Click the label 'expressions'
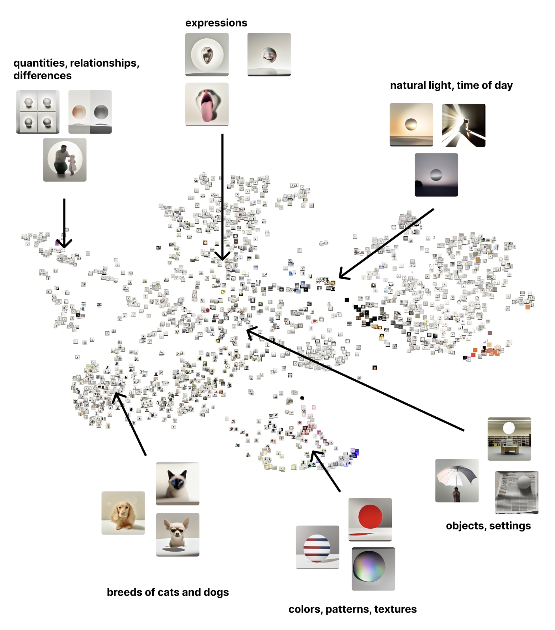pyautogui.click(x=216, y=23)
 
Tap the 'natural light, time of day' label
pyautogui.click(x=451, y=86)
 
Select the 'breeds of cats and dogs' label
pyautogui.click(x=168, y=592)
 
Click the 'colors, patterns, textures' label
pyautogui.click(x=352, y=609)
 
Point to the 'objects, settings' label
pyautogui.click(x=488, y=526)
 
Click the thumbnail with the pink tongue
pyautogui.click(x=207, y=104)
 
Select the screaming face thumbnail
pyautogui.click(x=207, y=54)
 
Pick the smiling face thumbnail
pyautogui.click(x=269, y=54)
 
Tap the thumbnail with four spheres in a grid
pyautogui.click(x=38, y=112)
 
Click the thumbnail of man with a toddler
pyautogui.click(x=65, y=160)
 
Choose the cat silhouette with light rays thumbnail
pyautogui.click(x=464, y=125)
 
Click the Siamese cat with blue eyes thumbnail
pyautogui.click(x=177, y=484)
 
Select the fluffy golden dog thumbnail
pyautogui.click(x=123, y=513)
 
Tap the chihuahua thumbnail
pyautogui.click(x=177, y=535)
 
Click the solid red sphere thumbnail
pyautogui.click(x=370, y=520)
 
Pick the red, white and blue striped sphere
pyautogui.click(x=317, y=547)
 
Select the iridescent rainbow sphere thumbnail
pyautogui.click(x=373, y=569)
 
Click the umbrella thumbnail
pyautogui.click(x=456, y=481)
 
